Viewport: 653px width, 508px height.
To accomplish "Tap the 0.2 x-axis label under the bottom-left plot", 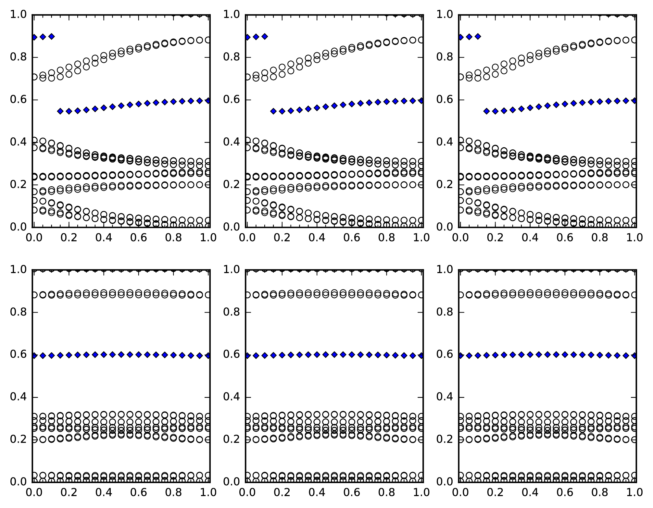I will [x=69, y=492].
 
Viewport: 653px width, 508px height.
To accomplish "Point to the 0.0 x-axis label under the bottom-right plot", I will [x=460, y=492].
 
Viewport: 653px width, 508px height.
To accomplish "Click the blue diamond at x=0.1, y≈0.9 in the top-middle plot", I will [x=265, y=36].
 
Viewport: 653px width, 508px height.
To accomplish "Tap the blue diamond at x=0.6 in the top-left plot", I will [x=139, y=104].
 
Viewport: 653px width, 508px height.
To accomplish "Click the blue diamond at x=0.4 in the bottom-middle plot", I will [x=317, y=354].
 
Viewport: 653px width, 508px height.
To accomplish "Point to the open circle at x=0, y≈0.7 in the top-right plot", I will [x=460, y=77].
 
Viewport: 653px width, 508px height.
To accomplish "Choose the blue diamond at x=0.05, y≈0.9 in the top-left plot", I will [x=43, y=37].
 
